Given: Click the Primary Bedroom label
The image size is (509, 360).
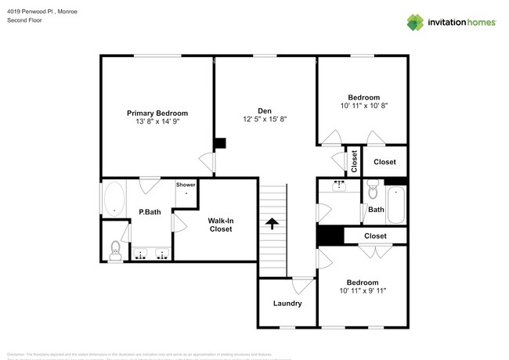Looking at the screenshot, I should click(x=157, y=113).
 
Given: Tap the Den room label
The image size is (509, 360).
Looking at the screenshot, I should click(x=265, y=110).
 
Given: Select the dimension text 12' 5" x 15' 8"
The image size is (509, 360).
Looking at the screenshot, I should click(x=265, y=120).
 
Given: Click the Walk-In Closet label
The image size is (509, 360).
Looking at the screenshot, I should click(x=220, y=225).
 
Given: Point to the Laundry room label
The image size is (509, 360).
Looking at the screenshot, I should click(x=287, y=304).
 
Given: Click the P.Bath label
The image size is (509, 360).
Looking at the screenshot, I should click(x=150, y=211).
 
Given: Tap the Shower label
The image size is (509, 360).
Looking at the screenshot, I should click(x=186, y=185).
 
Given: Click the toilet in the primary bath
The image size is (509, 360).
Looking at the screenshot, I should click(x=114, y=250).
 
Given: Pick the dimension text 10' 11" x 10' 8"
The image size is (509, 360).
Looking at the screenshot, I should click(x=364, y=106).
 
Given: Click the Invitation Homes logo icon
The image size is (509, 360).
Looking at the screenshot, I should click(x=414, y=22).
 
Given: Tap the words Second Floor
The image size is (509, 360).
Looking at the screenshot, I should click(x=24, y=20).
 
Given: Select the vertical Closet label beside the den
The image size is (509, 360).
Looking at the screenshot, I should click(x=354, y=162).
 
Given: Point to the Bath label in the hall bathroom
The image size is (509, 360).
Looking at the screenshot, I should click(x=376, y=210).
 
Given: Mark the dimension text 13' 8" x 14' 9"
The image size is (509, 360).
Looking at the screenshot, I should click(x=157, y=122).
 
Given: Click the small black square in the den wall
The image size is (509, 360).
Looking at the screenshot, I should click(x=220, y=143).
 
